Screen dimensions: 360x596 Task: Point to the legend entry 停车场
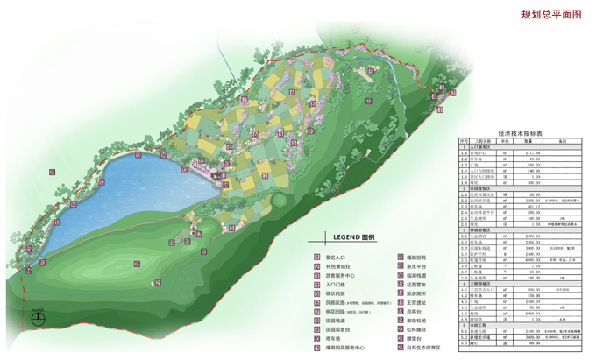click(x=337, y=338)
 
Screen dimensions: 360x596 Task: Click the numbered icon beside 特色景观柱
click(x=317, y=265)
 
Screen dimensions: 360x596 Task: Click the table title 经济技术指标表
click(x=521, y=133)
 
